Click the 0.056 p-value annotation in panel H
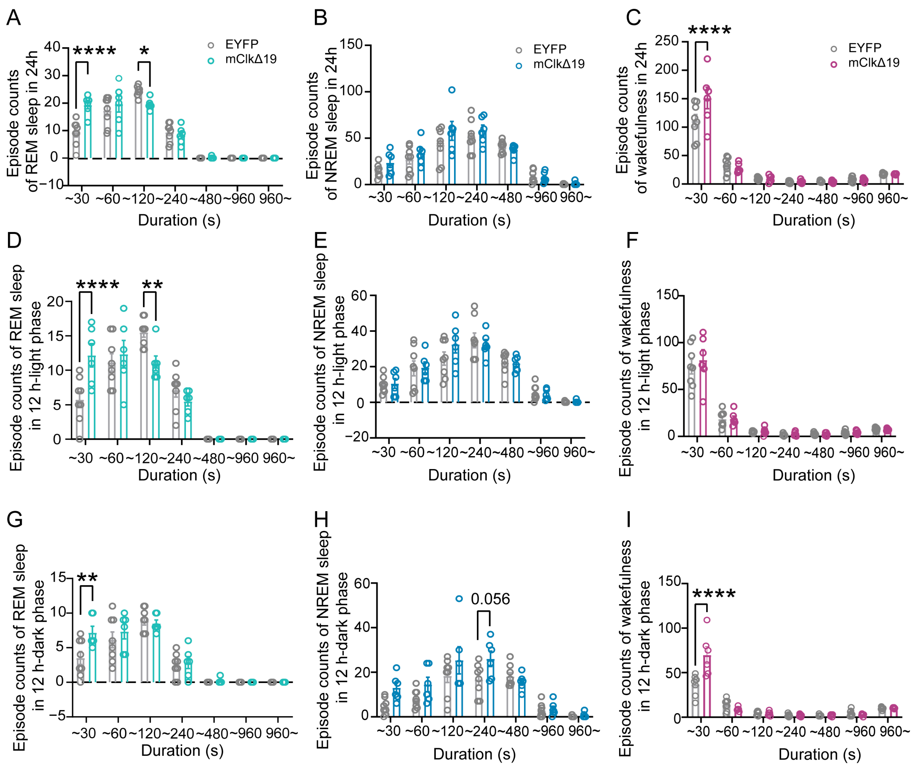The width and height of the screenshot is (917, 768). pyautogui.click(x=490, y=599)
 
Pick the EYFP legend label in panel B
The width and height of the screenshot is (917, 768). pyautogui.click(x=550, y=49)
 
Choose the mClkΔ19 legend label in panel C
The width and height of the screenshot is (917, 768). pyautogui.click(x=874, y=63)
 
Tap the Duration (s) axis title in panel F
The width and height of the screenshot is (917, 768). pyautogui.click(x=814, y=475)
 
